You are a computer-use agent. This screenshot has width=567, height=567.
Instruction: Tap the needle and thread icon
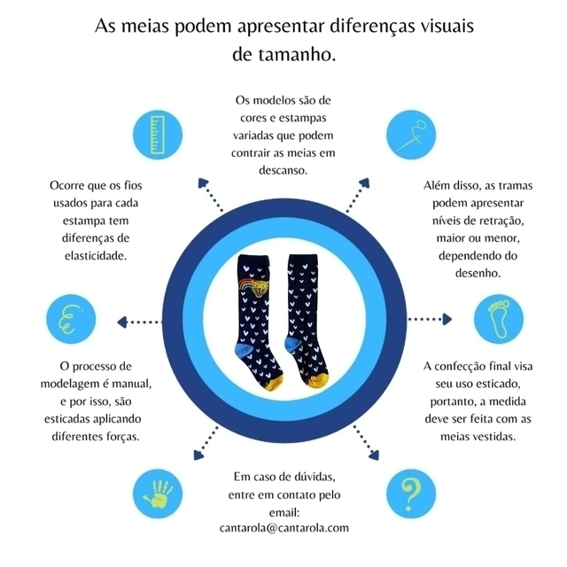click(412, 136)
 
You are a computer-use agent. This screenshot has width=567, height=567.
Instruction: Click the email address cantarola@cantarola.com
click(283, 527)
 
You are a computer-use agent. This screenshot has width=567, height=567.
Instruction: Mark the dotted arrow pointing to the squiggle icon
click(140, 322)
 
